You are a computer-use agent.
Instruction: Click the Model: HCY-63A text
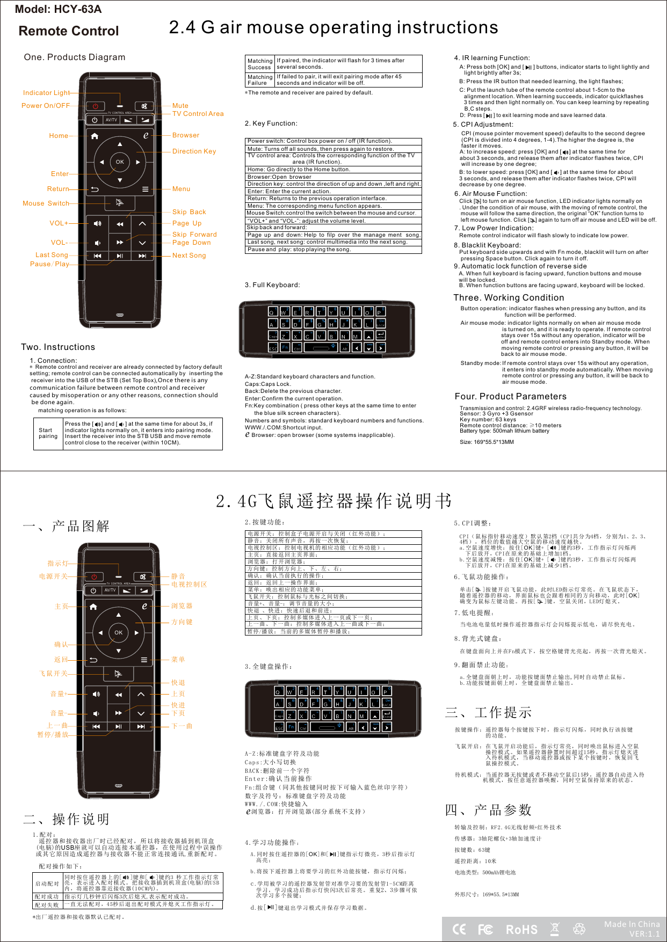(x=58, y=9)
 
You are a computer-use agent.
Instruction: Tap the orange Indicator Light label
(x=46, y=93)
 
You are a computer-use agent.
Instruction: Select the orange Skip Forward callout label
(x=194, y=235)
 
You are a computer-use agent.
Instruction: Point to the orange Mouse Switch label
(x=46, y=203)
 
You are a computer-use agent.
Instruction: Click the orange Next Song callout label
(x=189, y=255)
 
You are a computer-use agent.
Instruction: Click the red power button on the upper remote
(x=95, y=106)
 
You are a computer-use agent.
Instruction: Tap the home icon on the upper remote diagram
(x=95, y=136)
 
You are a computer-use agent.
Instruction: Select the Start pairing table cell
(x=48, y=433)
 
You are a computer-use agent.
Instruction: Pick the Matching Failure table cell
(x=260, y=80)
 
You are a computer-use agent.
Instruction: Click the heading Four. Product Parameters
(x=510, y=397)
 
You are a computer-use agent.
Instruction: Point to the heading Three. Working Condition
(x=509, y=298)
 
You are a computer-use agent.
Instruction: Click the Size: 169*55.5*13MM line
(x=487, y=442)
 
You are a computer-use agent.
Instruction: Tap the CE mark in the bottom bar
(x=460, y=929)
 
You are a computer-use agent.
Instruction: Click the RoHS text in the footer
(x=521, y=930)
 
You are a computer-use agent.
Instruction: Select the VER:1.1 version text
(x=644, y=934)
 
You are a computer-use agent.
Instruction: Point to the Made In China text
(x=632, y=924)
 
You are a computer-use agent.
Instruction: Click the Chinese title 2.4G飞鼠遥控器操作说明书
(x=334, y=501)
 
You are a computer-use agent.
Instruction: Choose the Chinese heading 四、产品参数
(x=488, y=809)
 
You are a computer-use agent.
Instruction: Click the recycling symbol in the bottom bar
(x=579, y=929)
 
